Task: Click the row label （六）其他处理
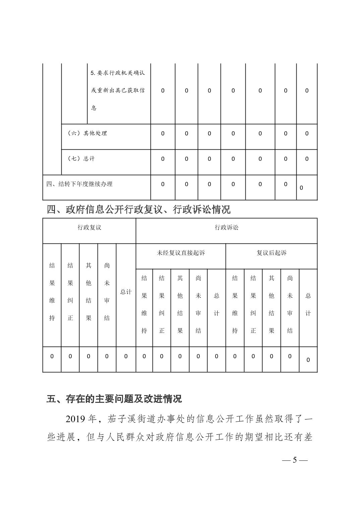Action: click(87, 133)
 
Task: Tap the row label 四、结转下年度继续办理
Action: click(79, 184)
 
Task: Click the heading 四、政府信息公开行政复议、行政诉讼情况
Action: click(139, 210)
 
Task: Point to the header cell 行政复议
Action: click(89, 228)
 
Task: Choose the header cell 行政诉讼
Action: click(226, 228)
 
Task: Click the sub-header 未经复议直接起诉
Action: click(181, 253)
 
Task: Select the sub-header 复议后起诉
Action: click(272, 253)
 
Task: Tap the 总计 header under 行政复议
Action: click(126, 292)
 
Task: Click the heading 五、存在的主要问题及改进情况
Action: click(114, 399)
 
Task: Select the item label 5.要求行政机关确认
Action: click(118, 73)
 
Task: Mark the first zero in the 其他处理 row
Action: click(163, 133)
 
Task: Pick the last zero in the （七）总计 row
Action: click(307, 159)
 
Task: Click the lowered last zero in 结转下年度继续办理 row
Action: click(301, 188)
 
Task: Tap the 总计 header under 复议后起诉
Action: click(308, 304)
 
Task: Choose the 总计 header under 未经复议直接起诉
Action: click(217, 304)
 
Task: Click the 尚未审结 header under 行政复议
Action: click(107, 292)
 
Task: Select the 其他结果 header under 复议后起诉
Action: click(272, 304)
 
